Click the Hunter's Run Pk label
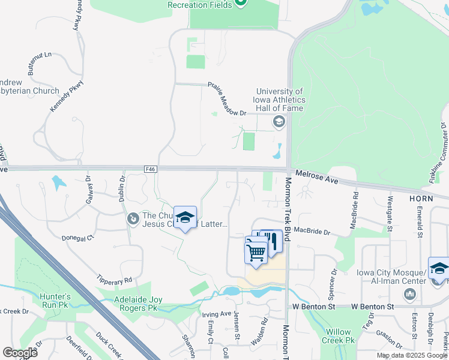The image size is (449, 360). [55, 300]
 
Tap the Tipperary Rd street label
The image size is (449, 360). [114, 280]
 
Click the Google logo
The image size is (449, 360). [20, 352]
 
